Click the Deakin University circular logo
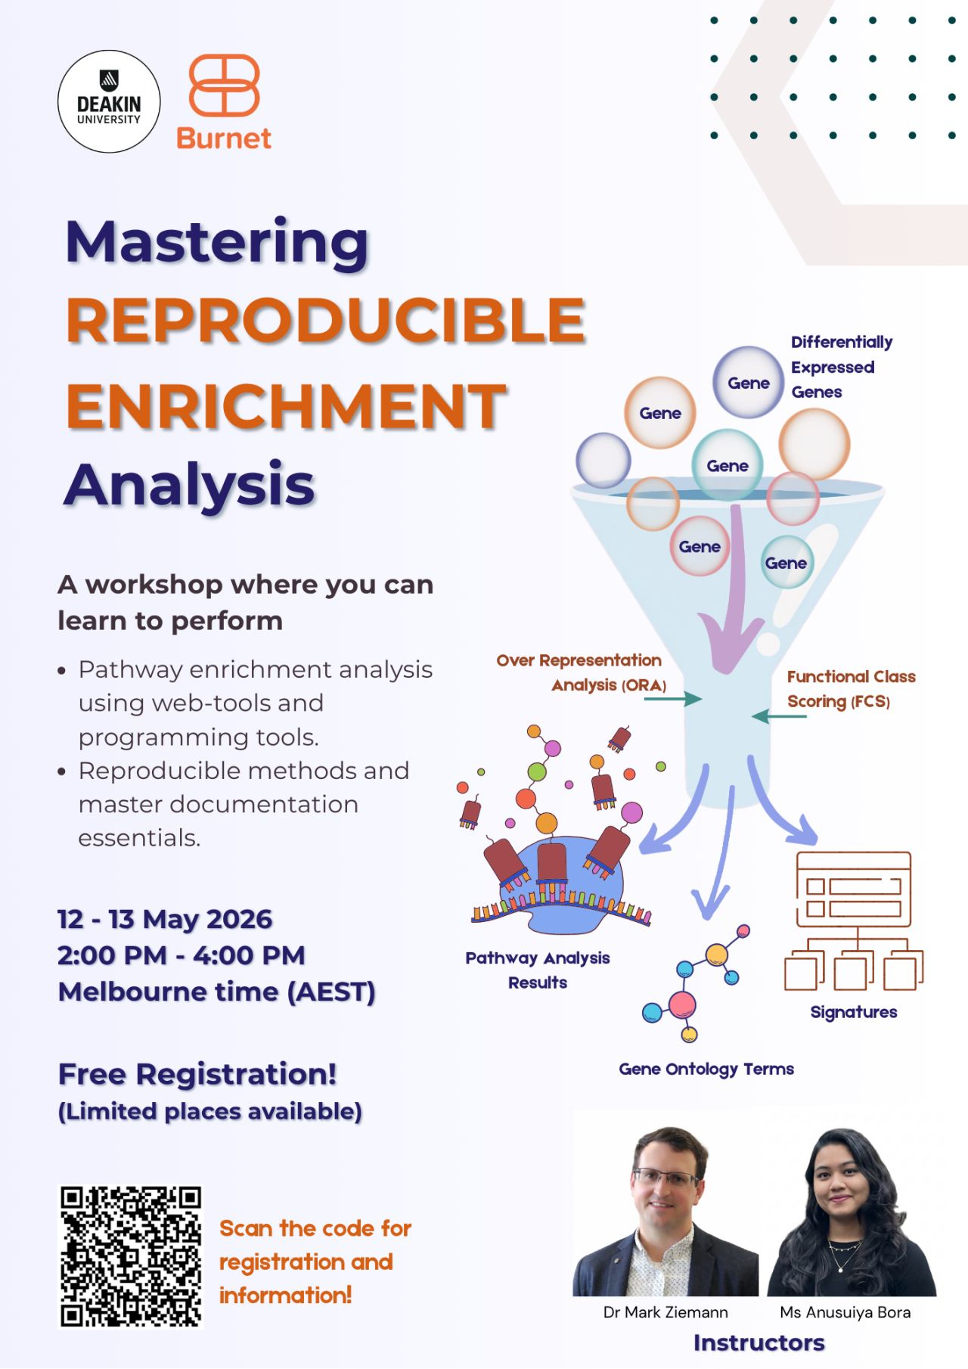tap(109, 102)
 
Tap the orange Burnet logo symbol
tap(224, 85)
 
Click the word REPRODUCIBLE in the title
tap(326, 321)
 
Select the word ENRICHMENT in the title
tap(286, 405)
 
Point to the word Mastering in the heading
tap(217, 242)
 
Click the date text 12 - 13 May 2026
tap(165, 919)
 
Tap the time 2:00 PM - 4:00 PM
tap(181, 955)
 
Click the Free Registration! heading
tap(197, 1074)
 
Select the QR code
tap(131, 1257)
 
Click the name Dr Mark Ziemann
tap(665, 1312)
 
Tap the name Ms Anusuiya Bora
tap(845, 1312)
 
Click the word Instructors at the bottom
tap(759, 1343)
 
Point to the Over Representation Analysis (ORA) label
tap(581, 672)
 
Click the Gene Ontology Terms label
tap(706, 1069)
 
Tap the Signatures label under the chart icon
tap(853, 1012)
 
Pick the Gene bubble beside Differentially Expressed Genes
tap(748, 383)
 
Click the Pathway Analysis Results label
tap(537, 970)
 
